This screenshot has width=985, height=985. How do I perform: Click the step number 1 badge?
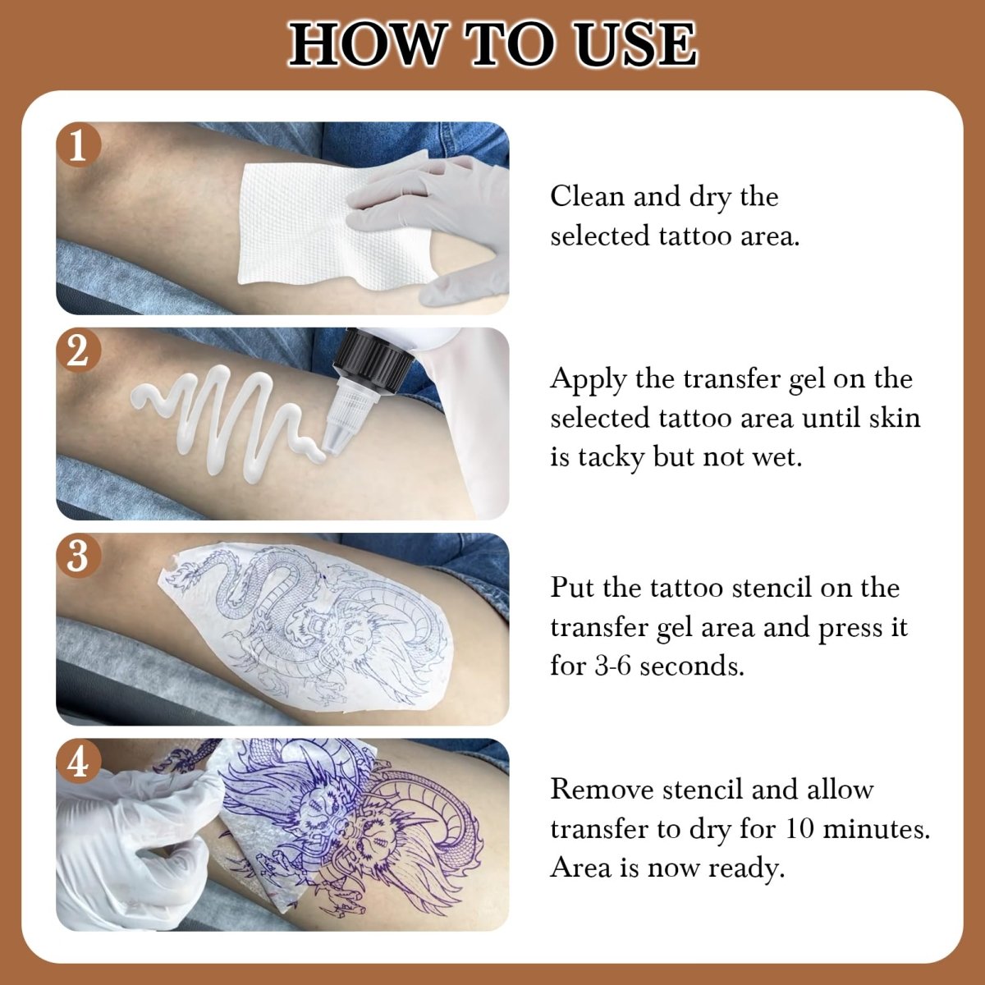pos(78,146)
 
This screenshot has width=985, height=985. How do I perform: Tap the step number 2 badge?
pos(78,351)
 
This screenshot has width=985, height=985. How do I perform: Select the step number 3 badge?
pos(78,557)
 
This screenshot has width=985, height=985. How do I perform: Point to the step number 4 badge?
pos(78,762)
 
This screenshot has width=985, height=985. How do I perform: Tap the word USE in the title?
pos(636,44)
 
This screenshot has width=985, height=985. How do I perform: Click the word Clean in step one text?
pos(585,197)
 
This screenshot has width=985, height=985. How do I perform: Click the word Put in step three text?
pos(571,588)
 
